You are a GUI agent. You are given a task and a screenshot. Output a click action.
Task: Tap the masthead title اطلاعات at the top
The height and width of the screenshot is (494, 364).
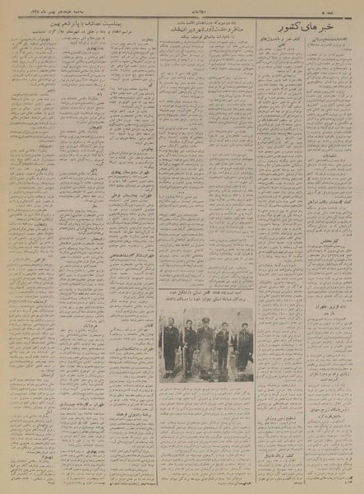coord(182,12)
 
